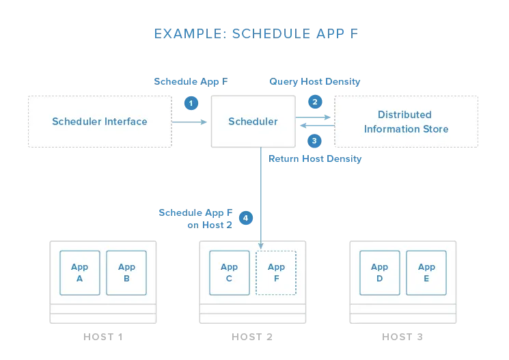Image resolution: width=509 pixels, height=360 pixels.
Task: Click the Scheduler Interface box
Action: [100, 122]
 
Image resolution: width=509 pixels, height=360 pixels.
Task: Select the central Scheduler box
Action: [253, 122]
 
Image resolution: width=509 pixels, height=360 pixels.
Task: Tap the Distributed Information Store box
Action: [407, 122]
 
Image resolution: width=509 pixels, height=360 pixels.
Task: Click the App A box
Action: [80, 273]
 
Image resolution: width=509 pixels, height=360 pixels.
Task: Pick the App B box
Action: [126, 273]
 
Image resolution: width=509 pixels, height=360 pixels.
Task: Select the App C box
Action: [229, 273]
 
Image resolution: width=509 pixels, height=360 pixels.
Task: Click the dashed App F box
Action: [276, 273]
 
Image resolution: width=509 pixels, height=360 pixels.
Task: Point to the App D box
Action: [379, 273]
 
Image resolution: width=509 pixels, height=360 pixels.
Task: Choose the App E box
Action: [426, 273]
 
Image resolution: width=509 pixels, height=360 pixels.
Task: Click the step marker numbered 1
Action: [191, 104]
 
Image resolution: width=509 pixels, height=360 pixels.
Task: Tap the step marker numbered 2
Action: [314, 102]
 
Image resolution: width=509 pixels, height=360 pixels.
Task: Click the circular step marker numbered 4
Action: [245, 219]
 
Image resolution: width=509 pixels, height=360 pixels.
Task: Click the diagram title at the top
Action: [254, 33]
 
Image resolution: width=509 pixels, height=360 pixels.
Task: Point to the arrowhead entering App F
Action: [260, 245]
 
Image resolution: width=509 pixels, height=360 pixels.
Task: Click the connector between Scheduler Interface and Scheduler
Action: [191, 122]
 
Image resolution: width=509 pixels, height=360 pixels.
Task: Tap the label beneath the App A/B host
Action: [104, 339]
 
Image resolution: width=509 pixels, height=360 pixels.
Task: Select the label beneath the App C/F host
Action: [251, 339]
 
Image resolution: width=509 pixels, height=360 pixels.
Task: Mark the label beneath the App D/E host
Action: [404, 339]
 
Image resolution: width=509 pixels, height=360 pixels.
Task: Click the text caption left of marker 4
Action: [196, 218]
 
